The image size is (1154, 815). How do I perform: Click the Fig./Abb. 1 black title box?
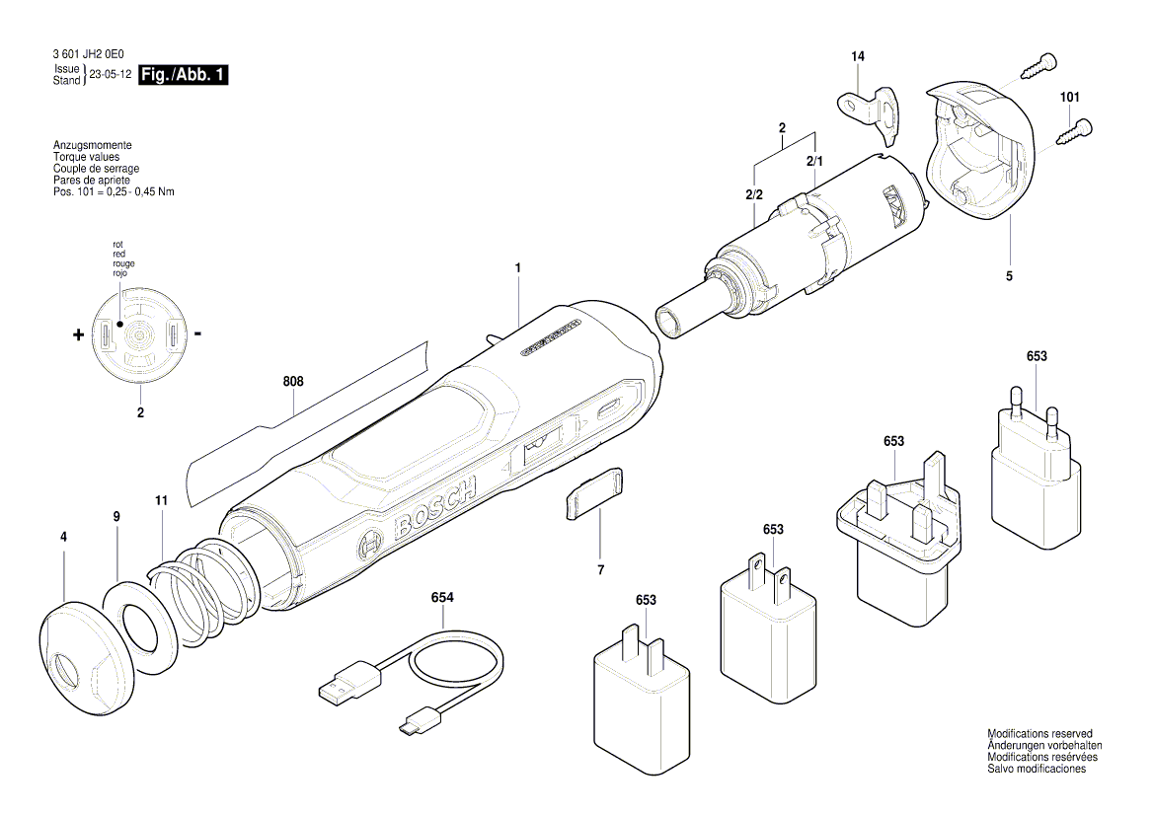(184, 75)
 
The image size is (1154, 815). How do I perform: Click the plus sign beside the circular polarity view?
(78, 335)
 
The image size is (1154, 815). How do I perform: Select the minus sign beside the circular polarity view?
(198, 334)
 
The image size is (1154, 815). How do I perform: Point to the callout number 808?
(293, 382)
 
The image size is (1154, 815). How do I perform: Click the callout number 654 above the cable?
(442, 597)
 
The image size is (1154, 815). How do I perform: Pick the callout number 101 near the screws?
(1070, 97)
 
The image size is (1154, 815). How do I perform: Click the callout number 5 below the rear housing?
(1009, 277)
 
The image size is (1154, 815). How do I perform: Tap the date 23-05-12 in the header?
(111, 75)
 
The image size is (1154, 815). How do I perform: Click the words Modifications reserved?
(1039, 734)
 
